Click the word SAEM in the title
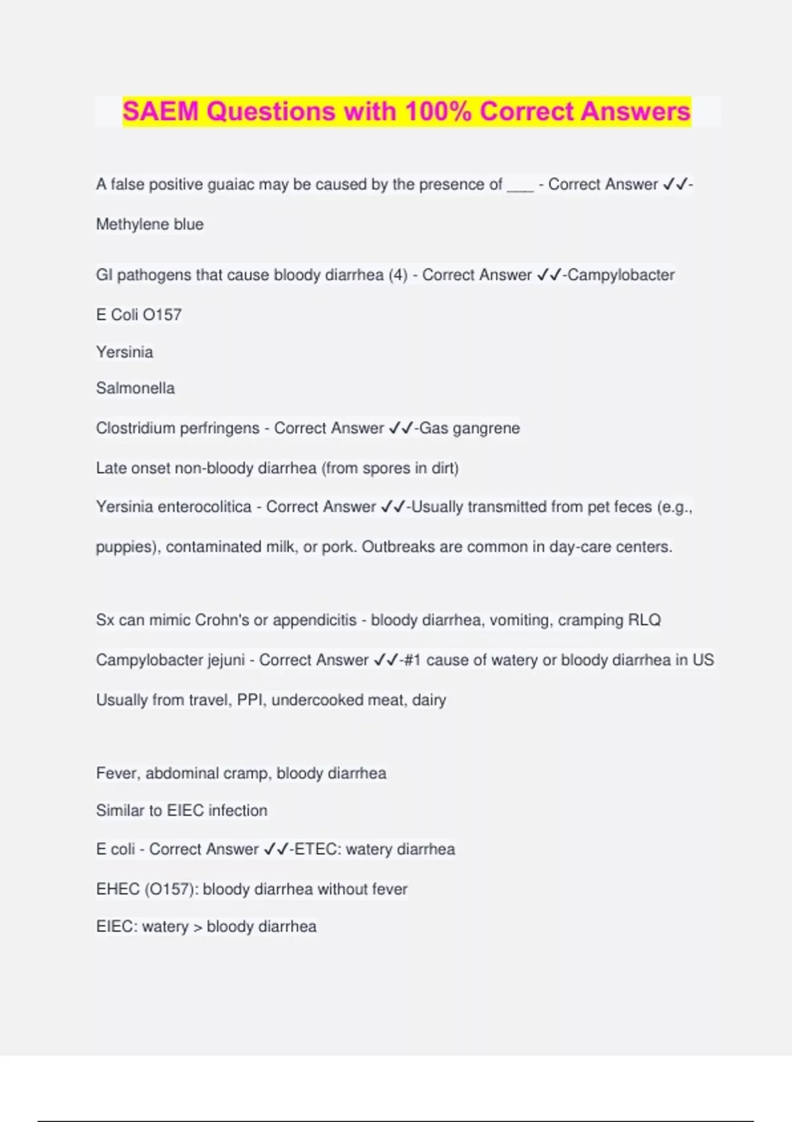[x=160, y=111]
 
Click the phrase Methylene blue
[x=150, y=224]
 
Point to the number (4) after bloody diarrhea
[x=398, y=275]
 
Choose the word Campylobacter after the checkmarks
[x=621, y=275]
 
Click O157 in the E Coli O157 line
[x=162, y=315]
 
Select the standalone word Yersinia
[x=124, y=352]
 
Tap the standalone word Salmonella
[x=135, y=388]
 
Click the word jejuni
[x=226, y=660]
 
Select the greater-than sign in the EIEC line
[x=197, y=927]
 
